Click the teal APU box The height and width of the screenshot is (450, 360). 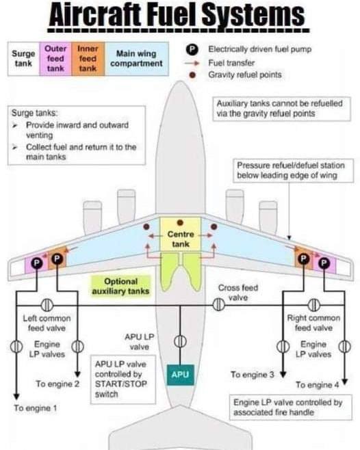click(x=180, y=375)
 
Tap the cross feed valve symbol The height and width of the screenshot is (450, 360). click(x=218, y=304)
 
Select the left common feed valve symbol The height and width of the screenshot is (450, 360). click(x=47, y=305)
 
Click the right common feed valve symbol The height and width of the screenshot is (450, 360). click(x=313, y=305)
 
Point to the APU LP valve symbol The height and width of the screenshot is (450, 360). click(x=180, y=341)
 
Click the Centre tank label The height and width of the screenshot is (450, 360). click(x=181, y=239)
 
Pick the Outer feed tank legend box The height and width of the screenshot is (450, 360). click(x=55, y=59)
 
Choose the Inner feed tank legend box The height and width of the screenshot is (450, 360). click(x=88, y=59)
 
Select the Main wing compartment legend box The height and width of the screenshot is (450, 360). click(x=136, y=59)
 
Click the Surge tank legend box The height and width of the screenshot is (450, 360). click(x=23, y=59)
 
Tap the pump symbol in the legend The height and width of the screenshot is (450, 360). click(x=192, y=49)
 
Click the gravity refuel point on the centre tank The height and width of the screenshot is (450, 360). click(x=180, y=222)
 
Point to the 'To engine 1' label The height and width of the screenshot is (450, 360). click(x=36, y=408)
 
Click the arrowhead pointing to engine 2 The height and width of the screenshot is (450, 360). click(x=77, y=374)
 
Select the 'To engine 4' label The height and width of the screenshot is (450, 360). click(x=317, y=384)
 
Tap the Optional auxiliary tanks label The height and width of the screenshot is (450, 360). click(x=120, y=287)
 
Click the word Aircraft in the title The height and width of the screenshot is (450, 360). click(x=95, y=14)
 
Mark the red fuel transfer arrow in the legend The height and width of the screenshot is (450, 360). click(x=192, y=63)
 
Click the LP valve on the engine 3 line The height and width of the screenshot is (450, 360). click(x=283, y=347)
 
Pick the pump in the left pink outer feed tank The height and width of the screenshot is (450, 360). click(x=36, y=263)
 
